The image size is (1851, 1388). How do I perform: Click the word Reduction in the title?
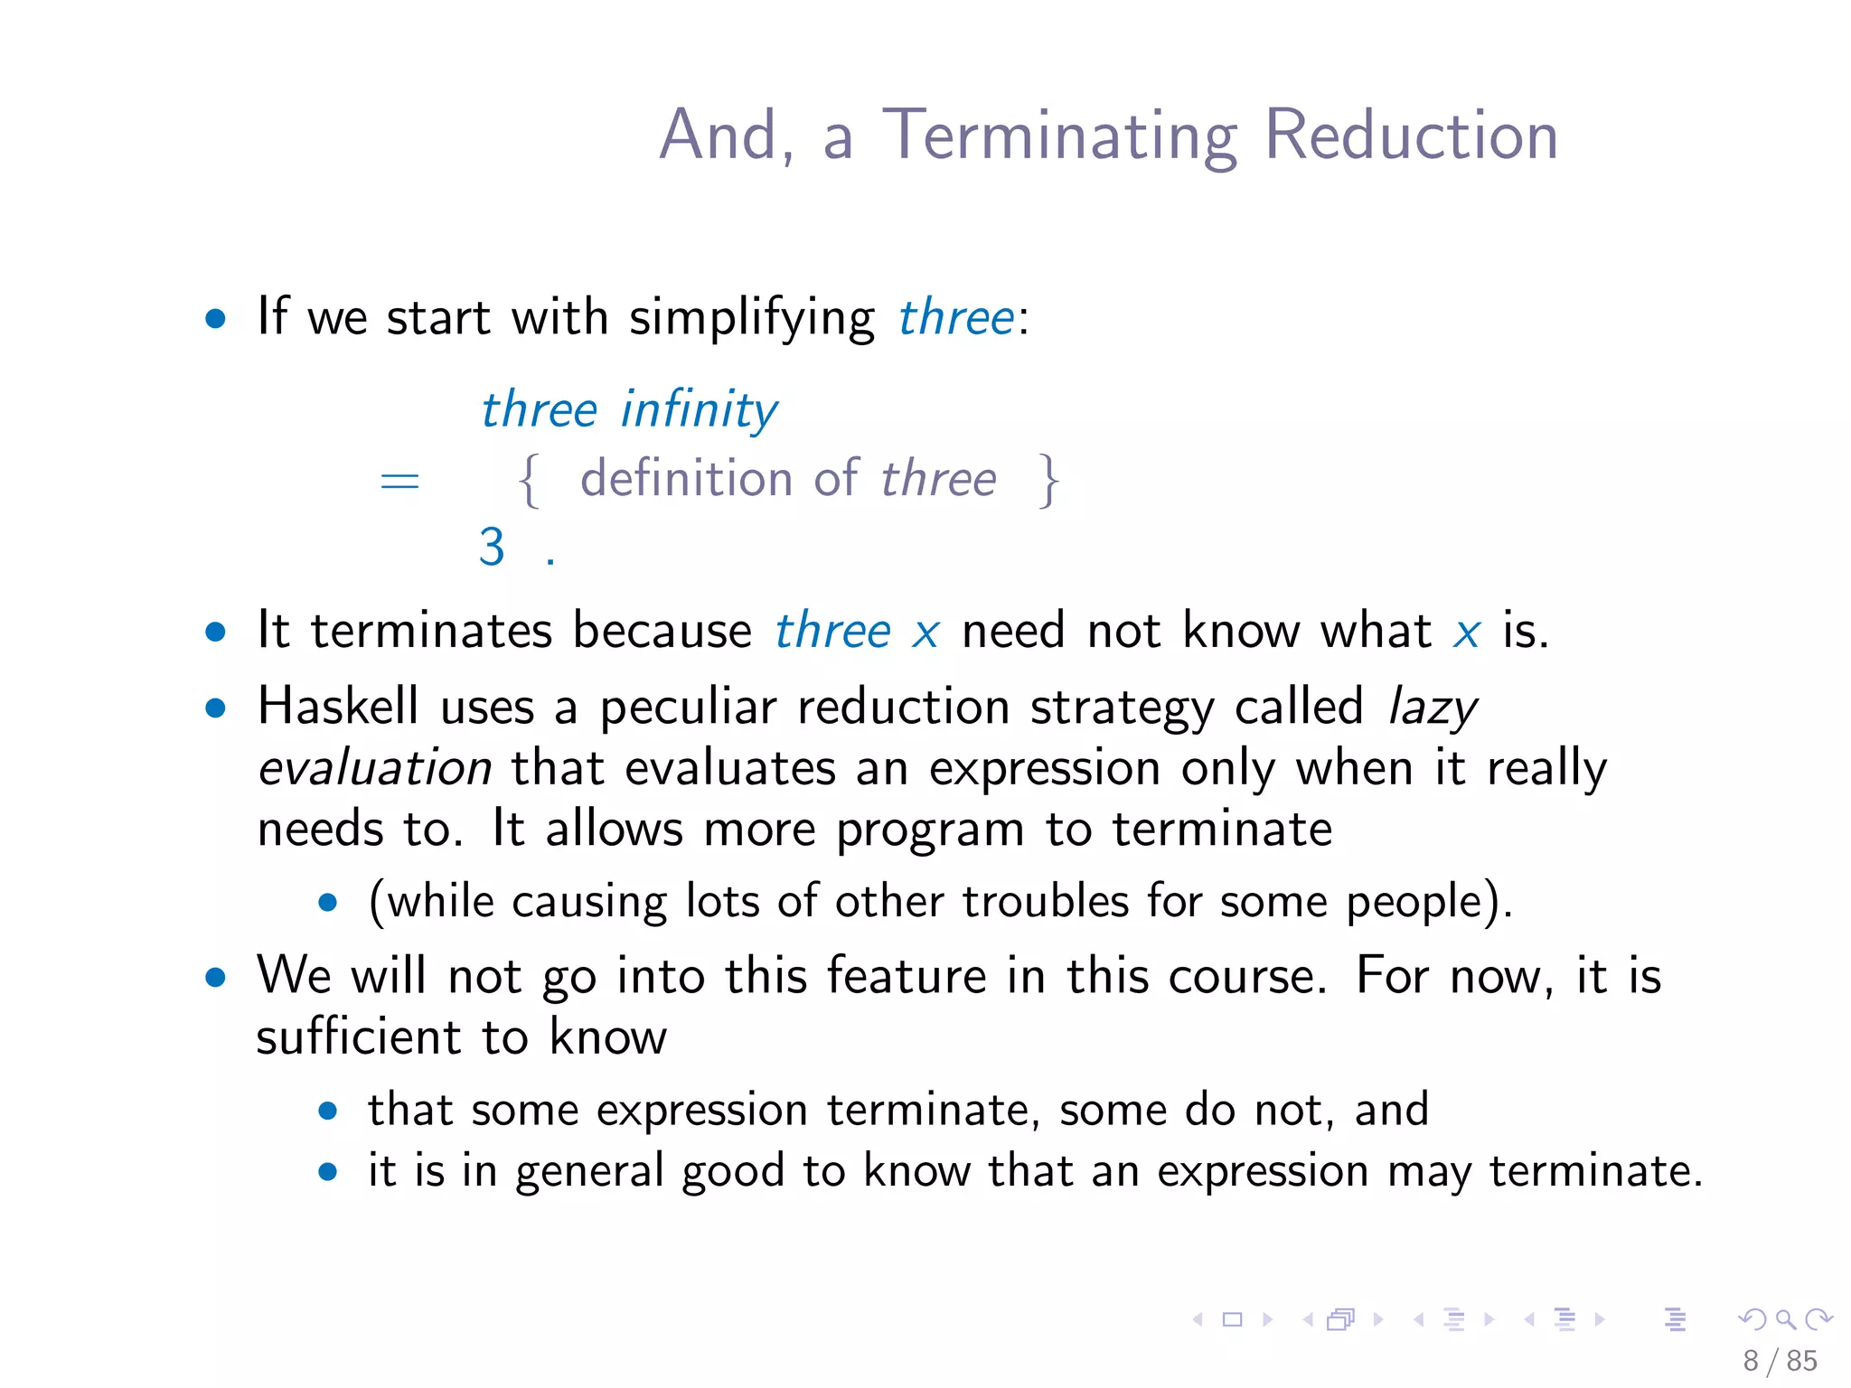(x=1411, y=136)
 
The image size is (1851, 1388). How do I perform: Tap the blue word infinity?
(x=699, y=411)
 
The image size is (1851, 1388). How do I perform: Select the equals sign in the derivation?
(x=399, y=480)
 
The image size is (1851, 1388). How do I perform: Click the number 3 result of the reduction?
(x=492, y=547)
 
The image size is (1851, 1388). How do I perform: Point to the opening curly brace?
(x=530, y=480)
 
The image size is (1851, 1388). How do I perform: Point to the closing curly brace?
(x=1048, y=480)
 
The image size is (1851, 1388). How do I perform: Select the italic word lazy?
(x=1433, y=708)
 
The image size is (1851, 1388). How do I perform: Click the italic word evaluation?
(x=374, y=769)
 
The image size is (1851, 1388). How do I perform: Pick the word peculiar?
(x=688, y=708)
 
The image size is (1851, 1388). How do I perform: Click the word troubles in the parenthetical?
(x=1046, y=902)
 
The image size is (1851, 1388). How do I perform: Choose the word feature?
(x=906, y=977)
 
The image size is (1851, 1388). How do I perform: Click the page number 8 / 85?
(x=1780, y=1360)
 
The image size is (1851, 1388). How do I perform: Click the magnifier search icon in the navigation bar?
(x=1785, y=1319)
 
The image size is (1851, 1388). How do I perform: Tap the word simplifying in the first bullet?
(x=752, y=318)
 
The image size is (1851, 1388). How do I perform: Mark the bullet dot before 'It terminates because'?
(x=215, y=632)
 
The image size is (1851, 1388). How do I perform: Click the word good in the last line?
(x=733, y=1172)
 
